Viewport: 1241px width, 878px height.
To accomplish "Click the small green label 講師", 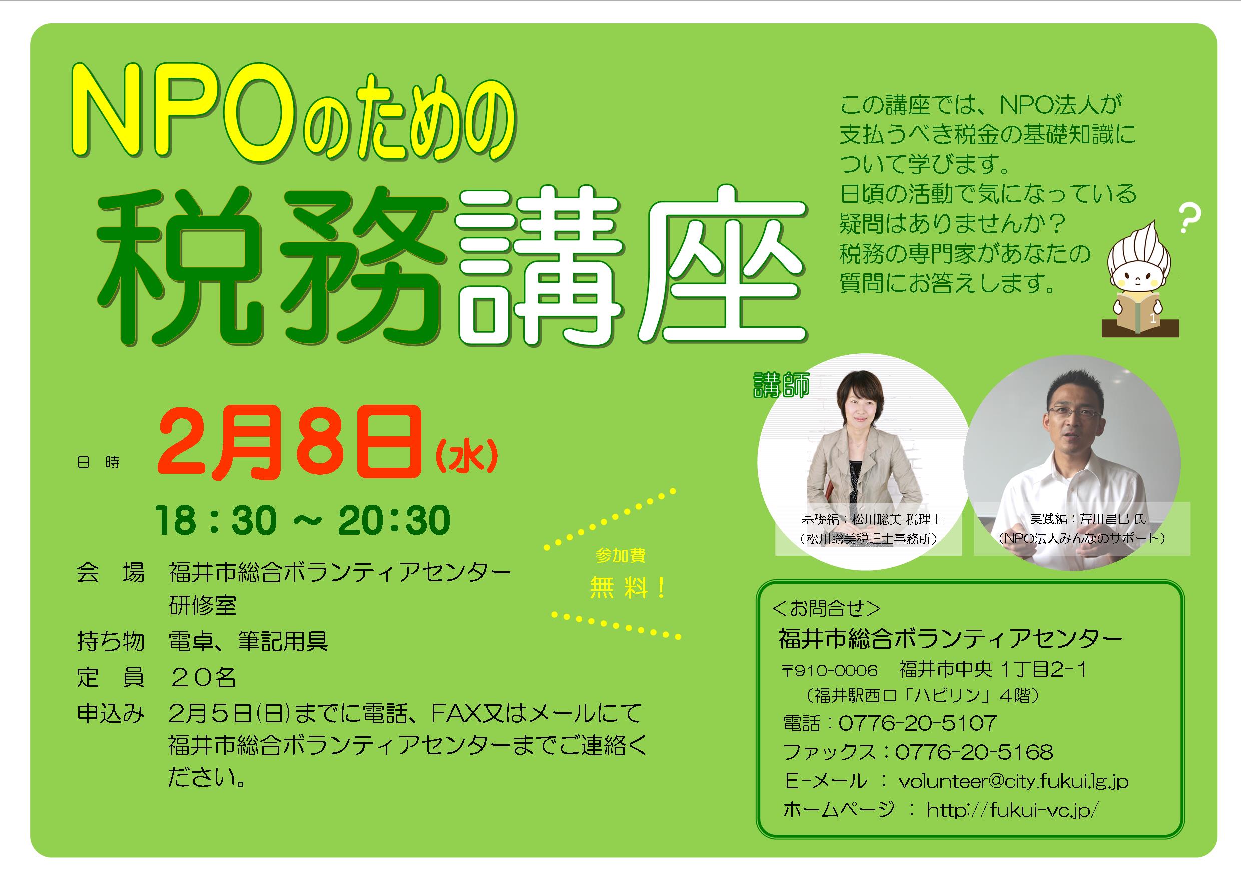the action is click(x=781, y=385).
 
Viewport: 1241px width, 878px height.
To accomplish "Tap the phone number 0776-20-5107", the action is click(x=918, y=722).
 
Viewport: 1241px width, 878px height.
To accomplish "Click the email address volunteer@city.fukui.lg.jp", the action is click(x=1013, y=782).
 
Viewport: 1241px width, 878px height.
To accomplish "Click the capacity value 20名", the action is click(x=203, y=677).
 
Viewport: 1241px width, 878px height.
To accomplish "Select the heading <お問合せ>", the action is click(x=828, y=609).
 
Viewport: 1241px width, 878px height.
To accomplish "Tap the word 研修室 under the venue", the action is click(x=203, y=606).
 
